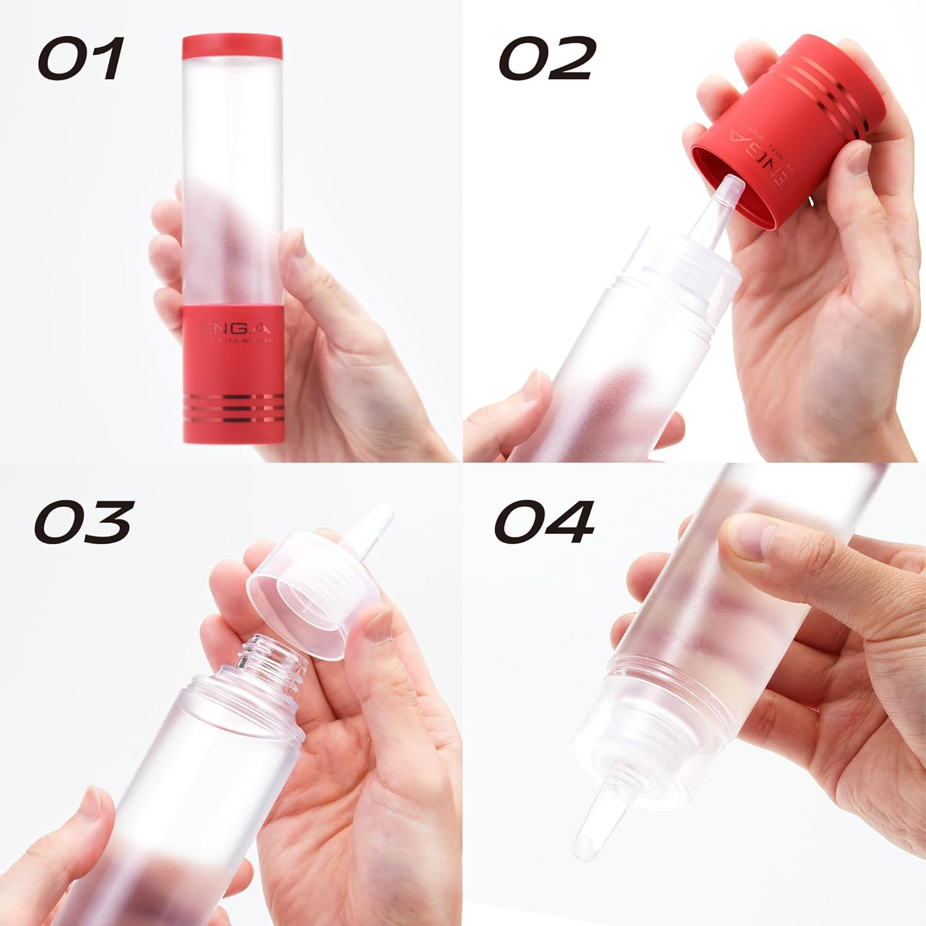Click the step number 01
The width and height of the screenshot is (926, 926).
tap(80, 58)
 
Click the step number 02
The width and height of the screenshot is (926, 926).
tap(547, 58)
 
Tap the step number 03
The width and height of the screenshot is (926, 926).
tap(83, 522)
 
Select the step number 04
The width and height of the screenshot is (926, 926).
tap(543, 522)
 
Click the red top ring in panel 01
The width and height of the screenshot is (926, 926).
tap(232, 48)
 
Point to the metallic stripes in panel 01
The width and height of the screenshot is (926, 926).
tap(234, 409)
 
